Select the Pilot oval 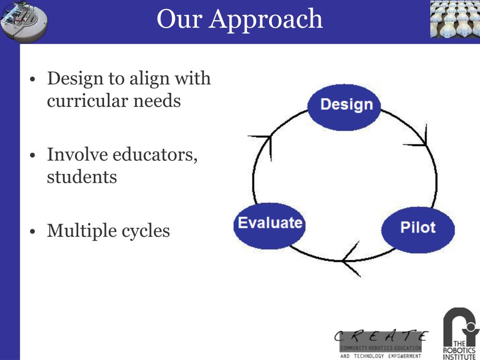coord(418,227)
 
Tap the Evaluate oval coord(269,224)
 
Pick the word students coord(82,177)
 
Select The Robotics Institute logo coord(461,333)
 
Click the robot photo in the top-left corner coord(23,21)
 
